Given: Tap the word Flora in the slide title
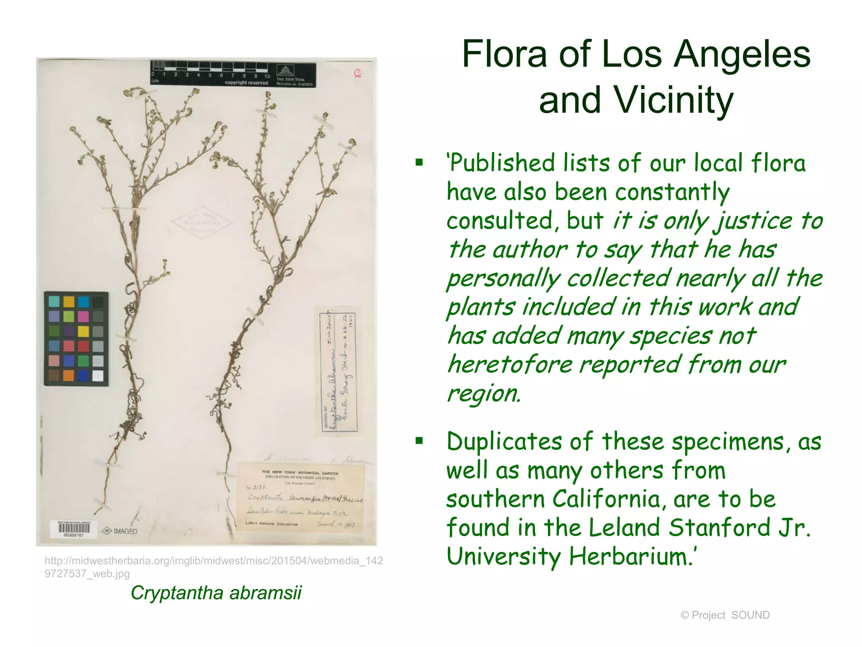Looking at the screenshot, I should tap(504, 54).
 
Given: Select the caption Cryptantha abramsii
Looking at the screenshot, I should tap(216, 593).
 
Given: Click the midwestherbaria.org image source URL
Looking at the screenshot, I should tap(213, 567).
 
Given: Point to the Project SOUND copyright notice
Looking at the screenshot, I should tap(725, 615).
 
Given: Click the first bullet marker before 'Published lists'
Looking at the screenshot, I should tap(419, 162).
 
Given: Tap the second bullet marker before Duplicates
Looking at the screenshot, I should tap(419, 441).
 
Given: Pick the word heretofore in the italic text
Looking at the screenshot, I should tap(510, 364).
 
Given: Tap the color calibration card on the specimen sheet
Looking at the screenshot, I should tap(76, 339).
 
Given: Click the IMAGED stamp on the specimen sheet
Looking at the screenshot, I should tap(121, 531).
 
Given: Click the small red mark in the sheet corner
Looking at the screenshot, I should tap(358, 74).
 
